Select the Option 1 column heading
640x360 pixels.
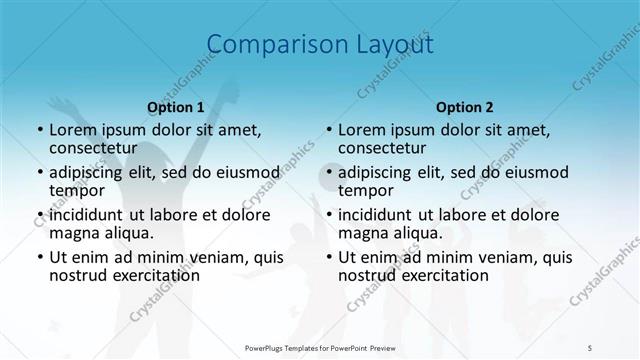[175, 106]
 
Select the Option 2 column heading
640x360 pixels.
[465, 106]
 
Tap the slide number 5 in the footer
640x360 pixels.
[590, 348]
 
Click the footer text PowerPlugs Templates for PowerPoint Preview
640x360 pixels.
[320, 348]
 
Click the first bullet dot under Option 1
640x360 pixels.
[39, 130]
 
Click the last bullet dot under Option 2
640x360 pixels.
[328, 257]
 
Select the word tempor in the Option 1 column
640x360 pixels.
[77, 190]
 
